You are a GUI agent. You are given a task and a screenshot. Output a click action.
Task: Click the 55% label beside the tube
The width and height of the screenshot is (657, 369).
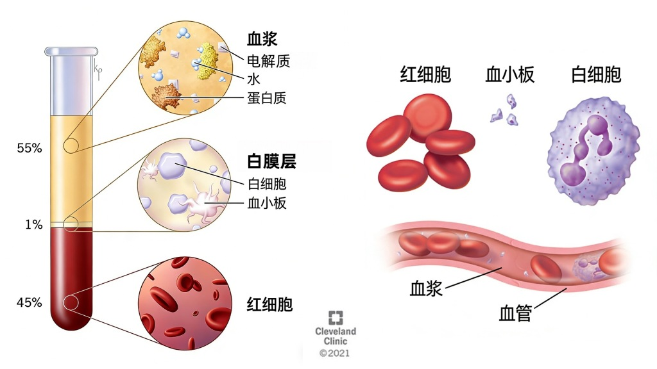click(x=30, y=148)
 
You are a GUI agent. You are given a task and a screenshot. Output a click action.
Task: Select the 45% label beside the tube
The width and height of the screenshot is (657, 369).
click(x=30, y=302)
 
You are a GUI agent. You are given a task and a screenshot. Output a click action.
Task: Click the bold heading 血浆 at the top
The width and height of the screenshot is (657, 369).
click(x=262, y=39)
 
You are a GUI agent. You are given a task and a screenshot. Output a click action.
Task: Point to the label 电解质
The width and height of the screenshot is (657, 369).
click(x=269, y=61)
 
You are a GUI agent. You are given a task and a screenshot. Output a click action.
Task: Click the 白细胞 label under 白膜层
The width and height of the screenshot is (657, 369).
click(x=266, y=184)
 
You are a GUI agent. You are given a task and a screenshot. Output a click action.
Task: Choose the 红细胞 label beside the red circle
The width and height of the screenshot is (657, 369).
click(x=269, y=304)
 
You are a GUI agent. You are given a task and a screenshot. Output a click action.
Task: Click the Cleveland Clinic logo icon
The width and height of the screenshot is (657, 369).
click(x=336, y=318)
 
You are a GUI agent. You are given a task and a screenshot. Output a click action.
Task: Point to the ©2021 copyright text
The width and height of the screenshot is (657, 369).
click(x=336, y=353)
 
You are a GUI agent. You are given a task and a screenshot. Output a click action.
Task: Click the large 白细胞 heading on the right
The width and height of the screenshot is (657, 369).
click(x=596, y=74)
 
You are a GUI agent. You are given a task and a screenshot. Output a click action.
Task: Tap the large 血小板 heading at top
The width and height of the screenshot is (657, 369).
click(x=510, y=75)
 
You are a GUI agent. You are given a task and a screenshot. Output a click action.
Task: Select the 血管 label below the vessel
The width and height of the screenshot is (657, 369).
click(x=515, y=314)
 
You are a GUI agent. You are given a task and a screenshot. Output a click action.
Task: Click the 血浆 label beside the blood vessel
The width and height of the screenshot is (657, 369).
click(x=426, y=288)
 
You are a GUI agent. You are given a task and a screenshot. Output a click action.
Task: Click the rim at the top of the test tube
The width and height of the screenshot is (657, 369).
click(x=71, y=51)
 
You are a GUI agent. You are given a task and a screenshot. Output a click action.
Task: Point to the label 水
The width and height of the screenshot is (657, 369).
click(x=253, y=79)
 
